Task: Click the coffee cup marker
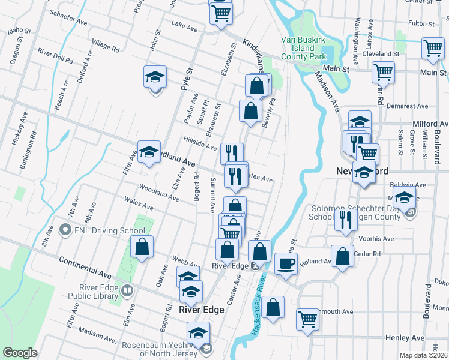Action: coord(286,263)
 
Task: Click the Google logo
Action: coord(20,353)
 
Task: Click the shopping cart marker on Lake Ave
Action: coord(221,13)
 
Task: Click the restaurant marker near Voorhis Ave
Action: coord(345,220)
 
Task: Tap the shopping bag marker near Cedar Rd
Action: coord(342,256)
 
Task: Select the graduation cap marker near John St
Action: coord(155,77)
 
